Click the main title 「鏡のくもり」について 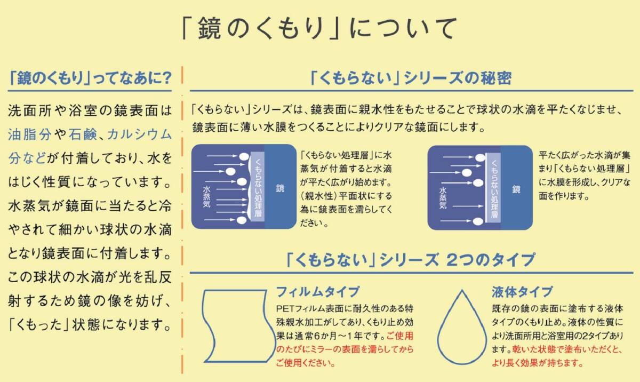[x=319, y=29]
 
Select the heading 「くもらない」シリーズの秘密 [x=410, y=79]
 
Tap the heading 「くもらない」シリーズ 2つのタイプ [x=410, y=260]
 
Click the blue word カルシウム [x=139, y=134]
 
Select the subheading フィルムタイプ [x=317, y=292]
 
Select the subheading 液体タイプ [x=522, y=292]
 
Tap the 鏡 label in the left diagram [x=281, y=188]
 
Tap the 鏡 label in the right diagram [x=516, y=188]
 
